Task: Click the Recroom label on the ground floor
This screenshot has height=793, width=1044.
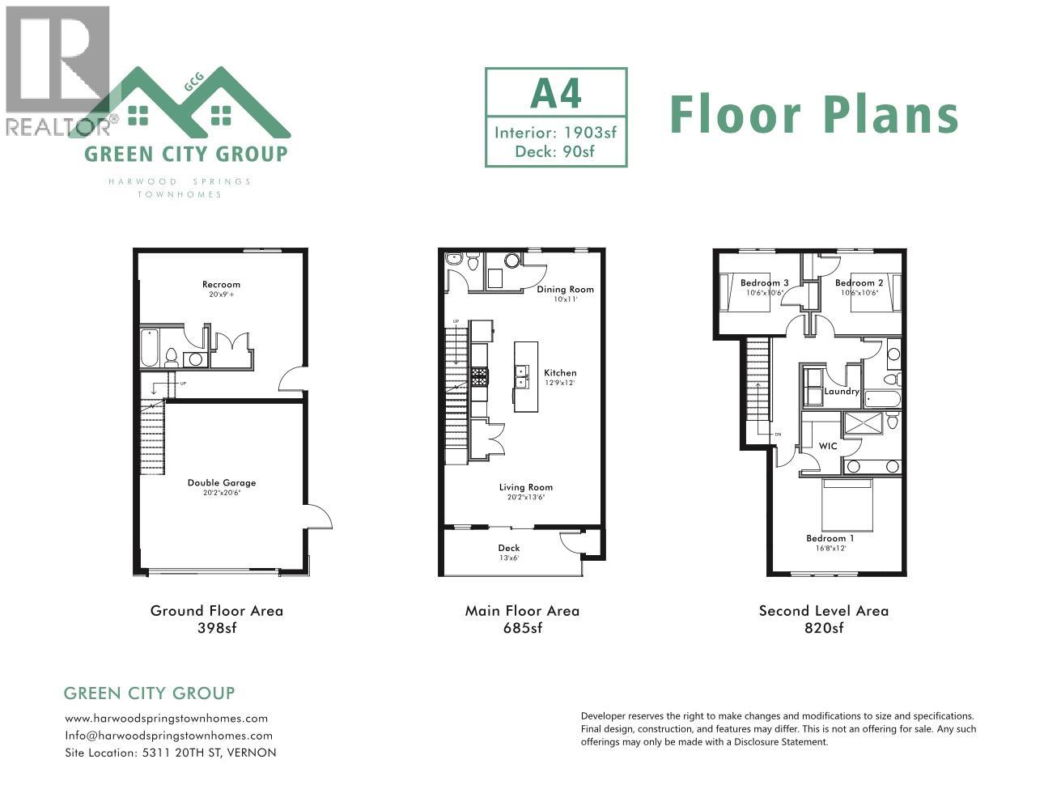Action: tap(221, 285)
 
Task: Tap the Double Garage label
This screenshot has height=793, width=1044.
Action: tap(221, 483)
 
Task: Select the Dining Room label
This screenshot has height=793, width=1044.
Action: tap(565, 290)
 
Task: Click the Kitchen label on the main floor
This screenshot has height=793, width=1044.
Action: tap(559, 373)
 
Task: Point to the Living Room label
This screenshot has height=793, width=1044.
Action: tap(525, 487)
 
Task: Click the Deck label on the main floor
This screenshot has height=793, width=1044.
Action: tap(508, 549)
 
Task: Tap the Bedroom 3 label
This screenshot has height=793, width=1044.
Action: tap(764, 283)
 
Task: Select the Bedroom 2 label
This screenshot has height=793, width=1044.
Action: tap(859, 283)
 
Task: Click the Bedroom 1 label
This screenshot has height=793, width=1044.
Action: tap(830, 539)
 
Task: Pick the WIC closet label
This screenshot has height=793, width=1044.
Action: tap(828, 447)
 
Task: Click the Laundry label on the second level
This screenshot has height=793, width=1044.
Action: tap(841, 392)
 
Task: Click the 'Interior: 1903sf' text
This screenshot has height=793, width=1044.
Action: tap(555, 132)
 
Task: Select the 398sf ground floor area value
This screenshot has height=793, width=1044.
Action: tap(216, 629)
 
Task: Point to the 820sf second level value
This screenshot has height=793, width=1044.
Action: tap(823, 629)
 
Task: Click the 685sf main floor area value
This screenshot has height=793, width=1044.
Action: tap(522, 629)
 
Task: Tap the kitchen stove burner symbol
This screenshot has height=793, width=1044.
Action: tap(479, 375)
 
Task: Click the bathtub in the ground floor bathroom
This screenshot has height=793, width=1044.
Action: tap(151, 349)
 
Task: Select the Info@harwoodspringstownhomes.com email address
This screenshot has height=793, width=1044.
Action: tap(168, 736)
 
